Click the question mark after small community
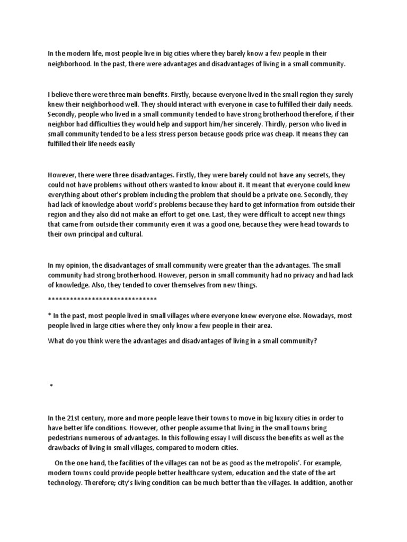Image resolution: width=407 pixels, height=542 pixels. (x=315, y=341)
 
